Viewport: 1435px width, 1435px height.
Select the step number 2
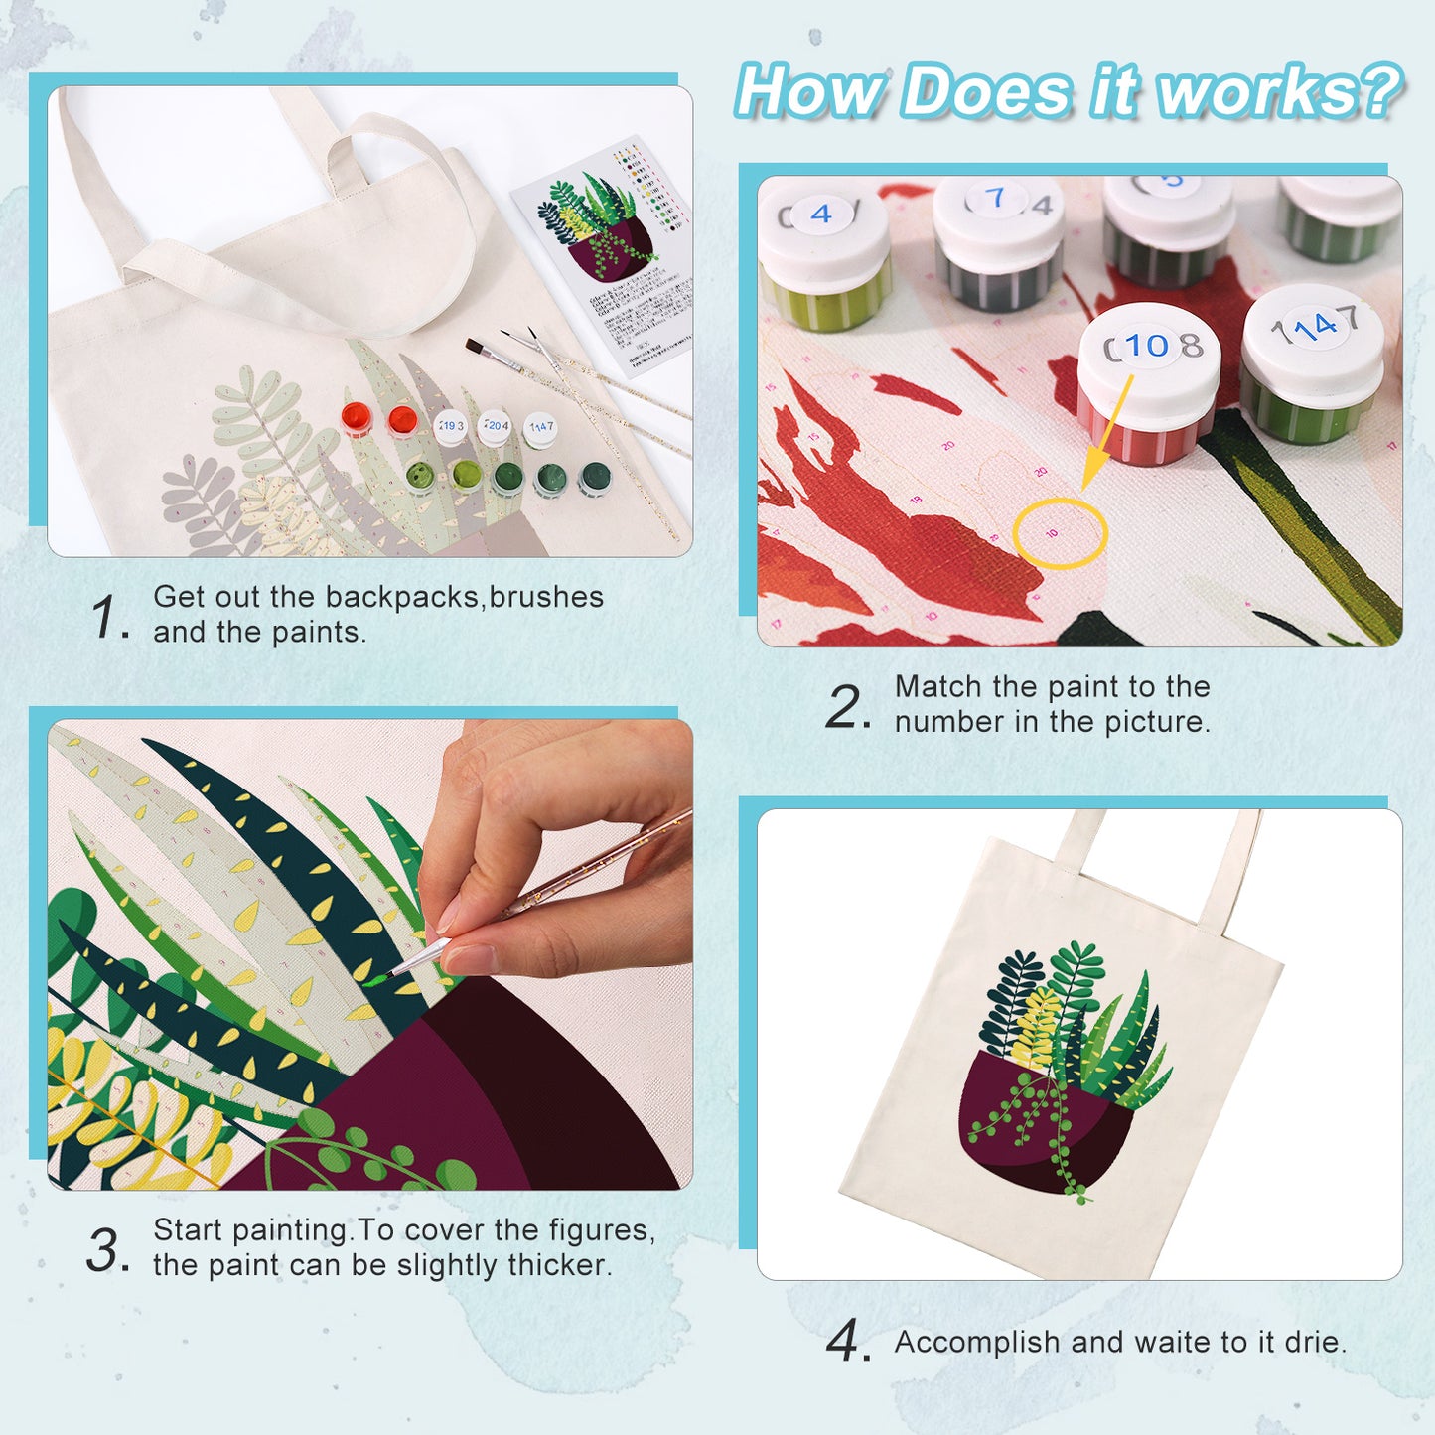(846, 706)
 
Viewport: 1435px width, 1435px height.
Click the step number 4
(846, 1342)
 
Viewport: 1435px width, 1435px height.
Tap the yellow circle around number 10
(1059, 533)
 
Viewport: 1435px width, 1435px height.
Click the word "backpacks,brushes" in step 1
(464, 597)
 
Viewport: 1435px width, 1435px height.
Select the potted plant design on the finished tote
(1063, 1073)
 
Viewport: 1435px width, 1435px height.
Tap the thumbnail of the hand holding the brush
(369, 954)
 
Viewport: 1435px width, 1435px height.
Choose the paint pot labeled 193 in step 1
(451, 427)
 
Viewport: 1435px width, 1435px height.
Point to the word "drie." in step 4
(1315, 1342)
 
